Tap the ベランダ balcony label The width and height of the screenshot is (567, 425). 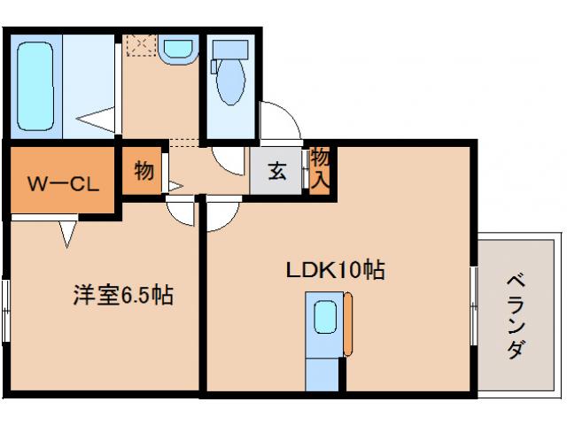coord(516,314)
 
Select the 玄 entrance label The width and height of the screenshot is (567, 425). coord(277,172)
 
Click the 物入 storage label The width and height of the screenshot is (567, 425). coord(321,168)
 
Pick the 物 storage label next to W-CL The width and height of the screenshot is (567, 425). coord(144,172)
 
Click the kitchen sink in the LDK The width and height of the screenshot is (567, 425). coord(324,317)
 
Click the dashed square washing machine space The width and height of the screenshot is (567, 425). coord(140,45)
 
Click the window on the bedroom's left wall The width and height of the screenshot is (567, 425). coord(6,309)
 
